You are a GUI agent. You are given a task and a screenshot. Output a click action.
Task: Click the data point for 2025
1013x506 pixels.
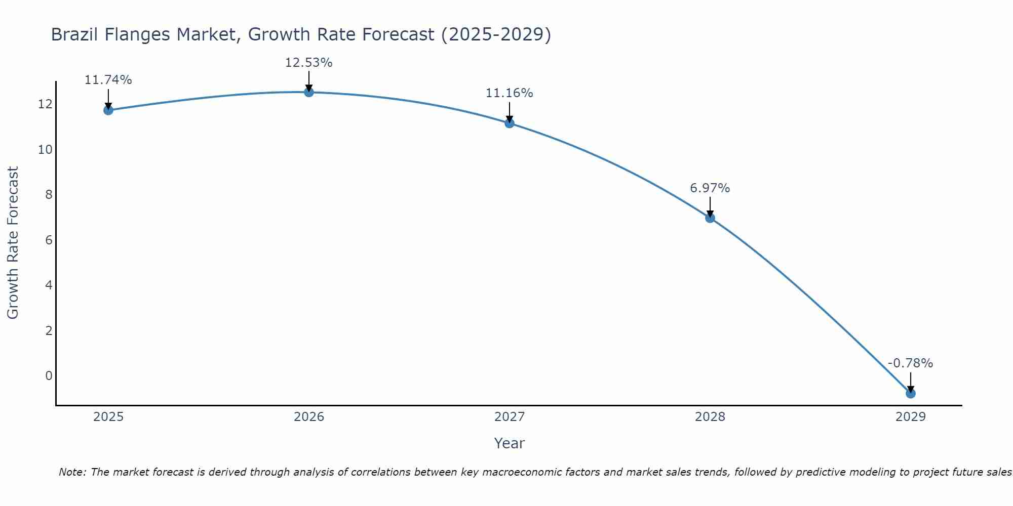108,110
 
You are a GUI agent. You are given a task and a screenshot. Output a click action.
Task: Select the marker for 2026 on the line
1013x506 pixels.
309,92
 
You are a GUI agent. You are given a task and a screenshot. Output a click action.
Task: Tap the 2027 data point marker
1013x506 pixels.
510,123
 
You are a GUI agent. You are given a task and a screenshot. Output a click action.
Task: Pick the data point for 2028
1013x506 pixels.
710,218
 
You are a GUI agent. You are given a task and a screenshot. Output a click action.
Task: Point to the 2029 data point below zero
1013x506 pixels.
911,393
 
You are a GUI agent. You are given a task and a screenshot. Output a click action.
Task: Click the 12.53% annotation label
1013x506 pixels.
308,63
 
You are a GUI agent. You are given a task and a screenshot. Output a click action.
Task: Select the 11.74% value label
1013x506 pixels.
108,80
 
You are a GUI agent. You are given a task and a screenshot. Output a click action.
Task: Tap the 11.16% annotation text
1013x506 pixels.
509,93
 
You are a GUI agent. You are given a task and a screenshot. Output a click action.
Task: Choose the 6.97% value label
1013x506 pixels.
710,188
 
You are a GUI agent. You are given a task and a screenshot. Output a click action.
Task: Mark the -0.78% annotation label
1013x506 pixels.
910,363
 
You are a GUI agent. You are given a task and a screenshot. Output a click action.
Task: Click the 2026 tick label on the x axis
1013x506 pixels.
309,417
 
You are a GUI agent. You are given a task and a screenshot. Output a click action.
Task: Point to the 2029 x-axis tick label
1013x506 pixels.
911,417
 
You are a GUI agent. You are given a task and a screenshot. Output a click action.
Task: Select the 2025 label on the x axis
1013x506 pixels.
108,417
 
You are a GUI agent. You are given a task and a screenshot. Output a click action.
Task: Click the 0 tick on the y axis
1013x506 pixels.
49,375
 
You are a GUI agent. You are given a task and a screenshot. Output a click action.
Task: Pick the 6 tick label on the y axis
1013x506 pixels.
49,240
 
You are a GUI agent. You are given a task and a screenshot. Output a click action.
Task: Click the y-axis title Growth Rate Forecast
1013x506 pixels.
13,243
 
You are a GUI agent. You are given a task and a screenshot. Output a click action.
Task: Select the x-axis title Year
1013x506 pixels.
509,443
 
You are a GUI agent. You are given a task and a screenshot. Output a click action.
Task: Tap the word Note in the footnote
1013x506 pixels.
73,472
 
